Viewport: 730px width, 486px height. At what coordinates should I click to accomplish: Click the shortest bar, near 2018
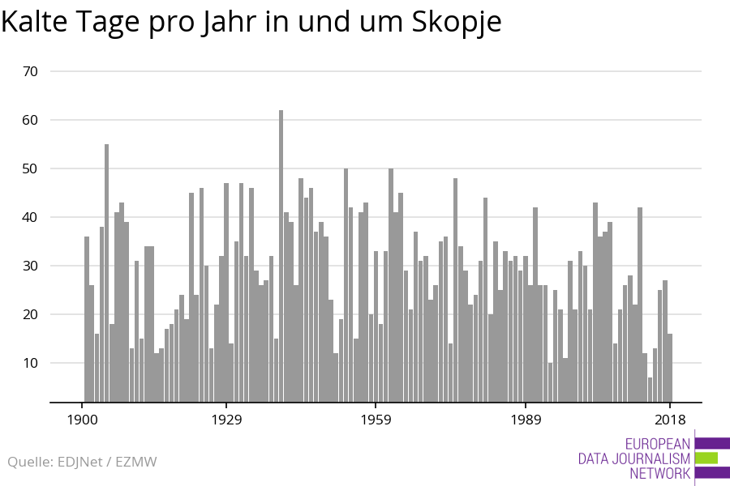click(x=650, y=390)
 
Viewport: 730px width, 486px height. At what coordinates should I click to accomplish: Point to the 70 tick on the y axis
click(x=31, y=71)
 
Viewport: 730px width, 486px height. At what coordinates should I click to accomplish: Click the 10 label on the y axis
click(x=31, y=363)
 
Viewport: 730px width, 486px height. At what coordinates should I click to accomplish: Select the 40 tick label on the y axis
click(x=31, y=217)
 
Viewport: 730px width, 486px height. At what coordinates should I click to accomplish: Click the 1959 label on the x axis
click(x=376, y=420)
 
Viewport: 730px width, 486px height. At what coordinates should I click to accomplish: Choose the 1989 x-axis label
click(x=526, y=420)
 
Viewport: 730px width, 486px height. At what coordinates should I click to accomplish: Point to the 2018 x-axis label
click(x=670, y=420)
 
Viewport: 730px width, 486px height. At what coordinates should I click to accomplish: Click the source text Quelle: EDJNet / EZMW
click(x=82, y=462)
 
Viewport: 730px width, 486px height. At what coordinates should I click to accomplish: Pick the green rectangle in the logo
click(x=706, y=458)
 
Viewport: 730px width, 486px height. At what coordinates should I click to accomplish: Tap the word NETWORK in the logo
click(x=660, y=473)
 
